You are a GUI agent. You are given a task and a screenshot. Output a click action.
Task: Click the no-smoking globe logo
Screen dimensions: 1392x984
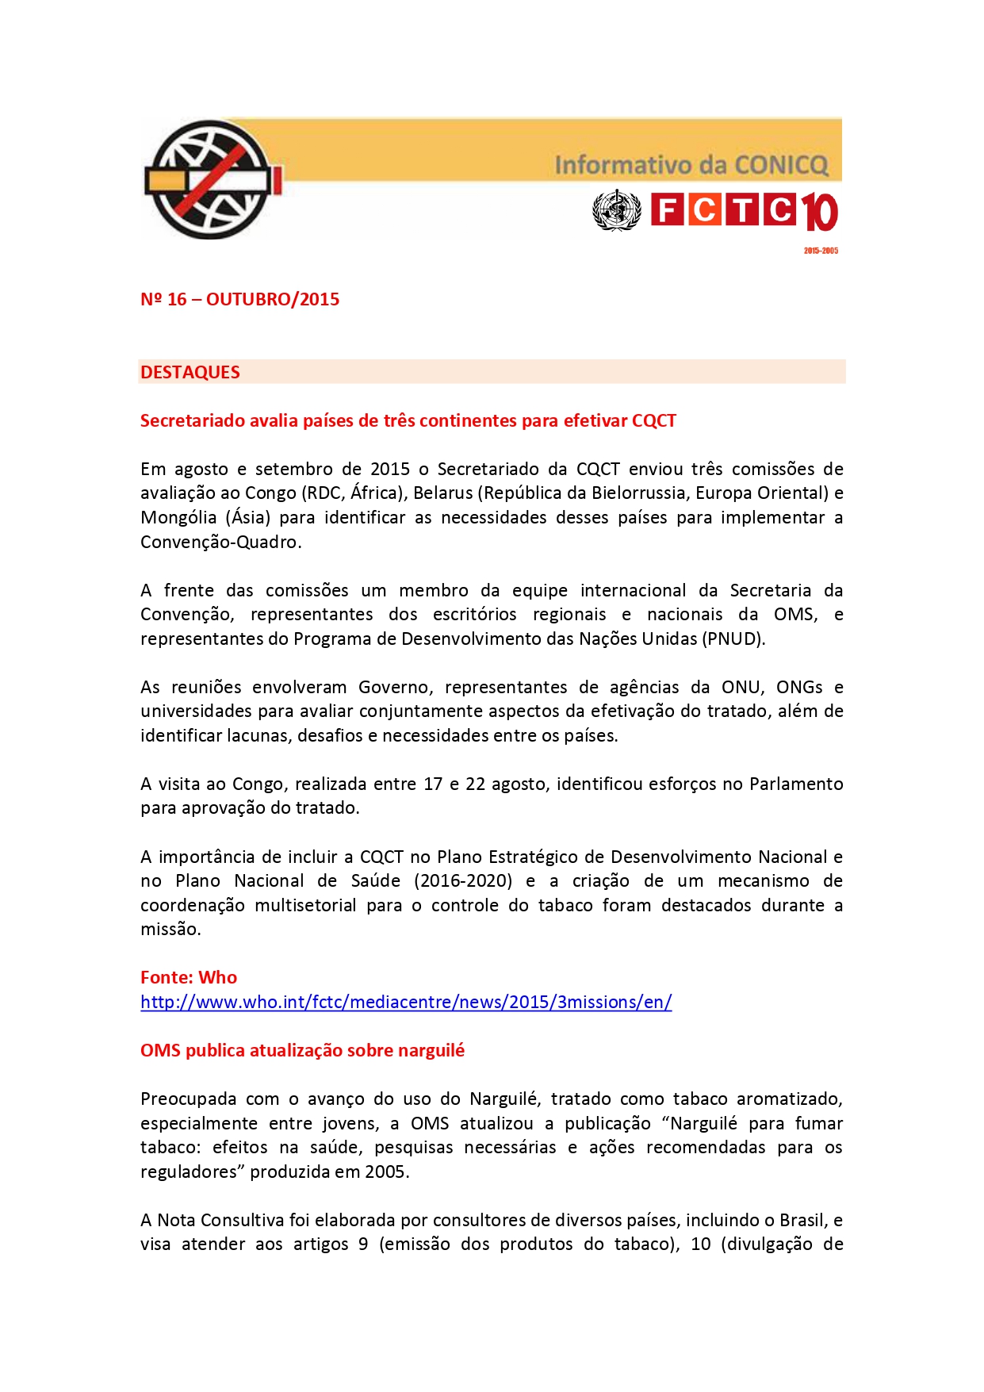click(x=211, y=180)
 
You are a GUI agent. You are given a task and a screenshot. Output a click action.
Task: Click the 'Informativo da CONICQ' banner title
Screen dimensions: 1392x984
click(x=691, y=165)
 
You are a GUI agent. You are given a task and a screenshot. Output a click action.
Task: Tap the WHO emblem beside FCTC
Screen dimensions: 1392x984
click(x=616, y=211)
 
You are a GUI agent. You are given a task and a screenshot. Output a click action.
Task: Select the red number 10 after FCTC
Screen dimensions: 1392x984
click(x=818, y=213)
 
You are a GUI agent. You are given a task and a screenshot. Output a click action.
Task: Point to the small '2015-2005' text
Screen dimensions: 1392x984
click(x=821, y=251)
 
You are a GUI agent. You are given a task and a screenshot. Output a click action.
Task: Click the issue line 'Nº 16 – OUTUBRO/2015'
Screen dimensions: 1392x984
click(x=239, y=300)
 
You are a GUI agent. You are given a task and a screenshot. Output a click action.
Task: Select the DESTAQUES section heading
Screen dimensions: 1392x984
click(x=190, y=372)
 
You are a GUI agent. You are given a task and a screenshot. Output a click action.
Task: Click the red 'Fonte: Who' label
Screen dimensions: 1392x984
click(x=189, y=978)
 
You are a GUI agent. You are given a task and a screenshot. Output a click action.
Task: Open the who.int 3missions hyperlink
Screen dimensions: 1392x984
click(x=406, y=1003)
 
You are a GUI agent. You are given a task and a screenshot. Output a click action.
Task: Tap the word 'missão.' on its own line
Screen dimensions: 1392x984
click(x=170, y=930)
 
